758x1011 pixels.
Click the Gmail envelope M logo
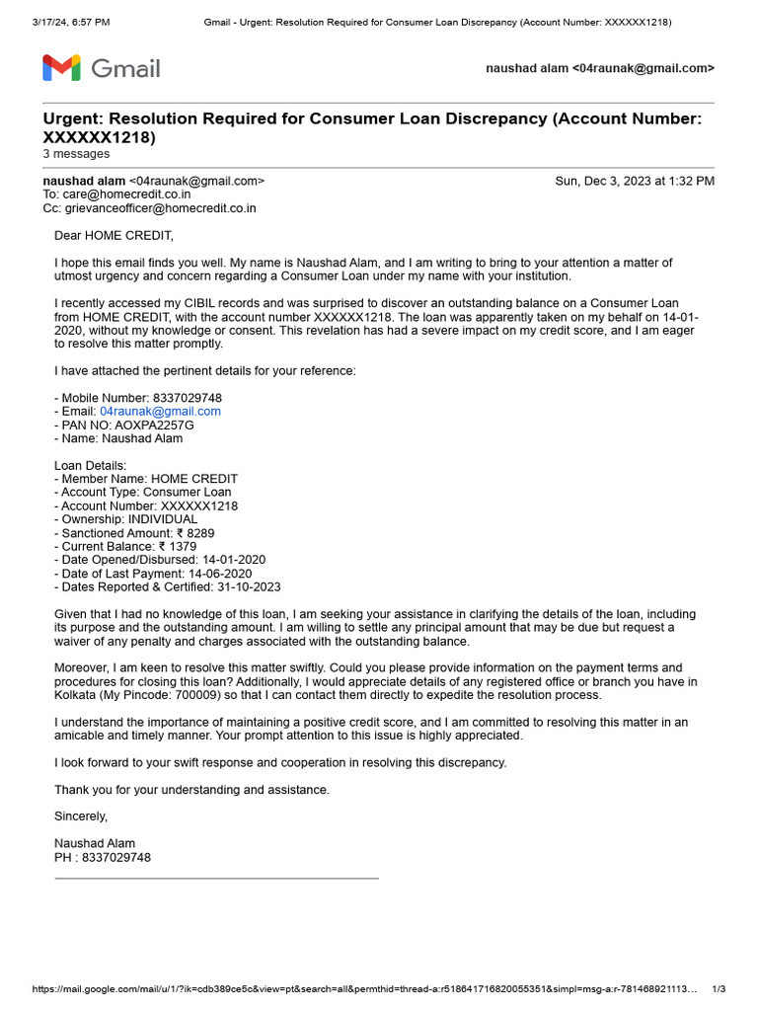click(61, 68)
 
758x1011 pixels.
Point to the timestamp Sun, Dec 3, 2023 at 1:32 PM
click(635, 182)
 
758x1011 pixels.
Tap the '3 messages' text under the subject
click(76, 154)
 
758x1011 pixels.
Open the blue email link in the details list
click(160, 411)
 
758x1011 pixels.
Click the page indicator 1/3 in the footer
click(719, 989)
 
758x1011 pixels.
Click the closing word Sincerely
click(81, 817)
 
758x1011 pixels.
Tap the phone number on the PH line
click(116, 857)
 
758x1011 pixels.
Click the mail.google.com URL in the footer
click(365, 989)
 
